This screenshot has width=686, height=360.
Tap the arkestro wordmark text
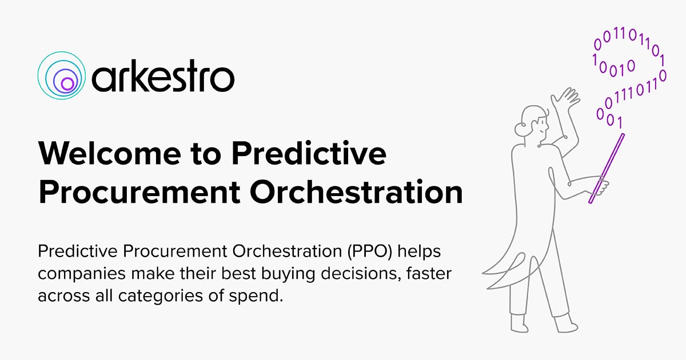162,78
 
